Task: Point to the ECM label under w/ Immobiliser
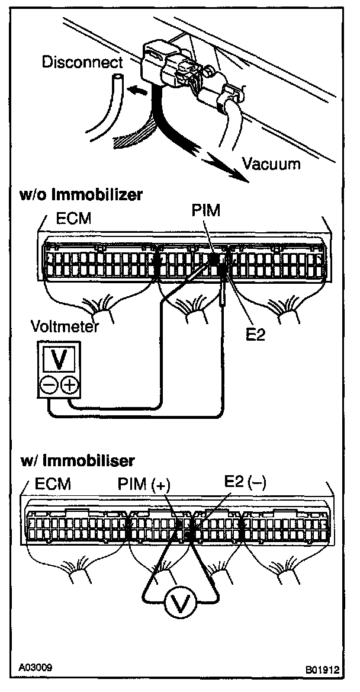coord(52,484)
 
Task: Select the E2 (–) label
coord(244,482)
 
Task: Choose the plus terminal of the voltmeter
coord(69,386)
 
